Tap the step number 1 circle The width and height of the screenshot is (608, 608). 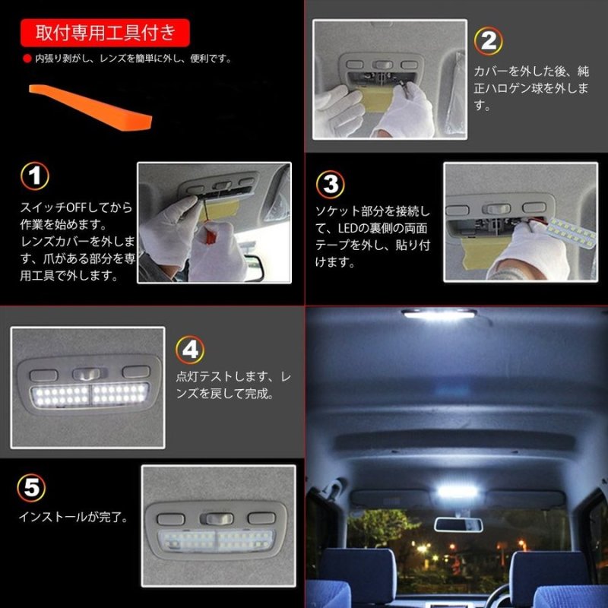tap(33, 176)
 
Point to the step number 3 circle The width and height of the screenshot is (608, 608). tap(329, 184)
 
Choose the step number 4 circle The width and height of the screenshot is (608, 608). tap(190, 350)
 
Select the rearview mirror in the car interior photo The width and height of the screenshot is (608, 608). tap(458, 524)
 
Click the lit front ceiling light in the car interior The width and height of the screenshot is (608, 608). tap(439, 313)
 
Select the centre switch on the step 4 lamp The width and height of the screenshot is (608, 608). tap(87, 372)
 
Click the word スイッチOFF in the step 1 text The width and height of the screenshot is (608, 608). tap(57, 207)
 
